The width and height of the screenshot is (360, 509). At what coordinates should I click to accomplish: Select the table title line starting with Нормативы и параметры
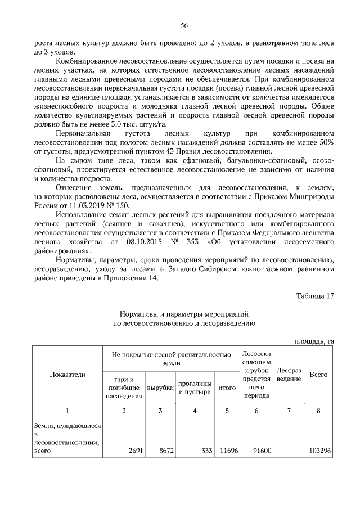pyautogui.click(x=184, y=313)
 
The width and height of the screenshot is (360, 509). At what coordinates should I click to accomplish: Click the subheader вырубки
pyautogui.click(x=160, y=388)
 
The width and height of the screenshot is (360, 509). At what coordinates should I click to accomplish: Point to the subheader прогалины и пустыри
pyautogui.click(x=195, y=388)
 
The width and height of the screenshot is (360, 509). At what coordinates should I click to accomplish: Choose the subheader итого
pyautogui.click(x=227, y=388)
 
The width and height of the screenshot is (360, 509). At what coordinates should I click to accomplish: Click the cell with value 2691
pyautogui.click(x=136, y=451)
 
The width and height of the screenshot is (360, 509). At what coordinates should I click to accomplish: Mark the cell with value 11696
pyautogui.click(x=228, y=451)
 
